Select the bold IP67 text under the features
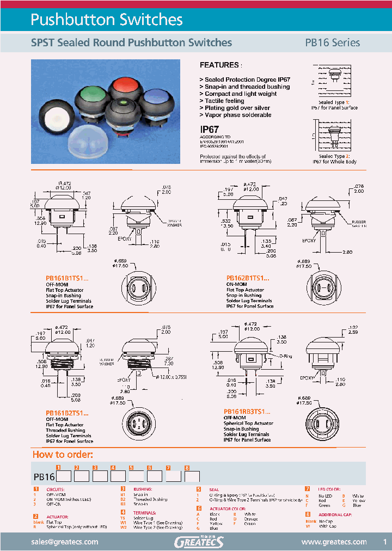click(x=210, y=130)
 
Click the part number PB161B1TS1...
click(x=67, y=278)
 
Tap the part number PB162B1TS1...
click(x=248, y=278)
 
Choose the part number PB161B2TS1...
click(x=67, y=413)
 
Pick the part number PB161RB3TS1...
click(x=247, y=412)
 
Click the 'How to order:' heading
click(x=63, y=455)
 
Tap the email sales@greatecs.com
click(x=64, y=542)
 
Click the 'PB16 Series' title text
click(x=332, y=42)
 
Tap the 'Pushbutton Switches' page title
click(x=106, y=20)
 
